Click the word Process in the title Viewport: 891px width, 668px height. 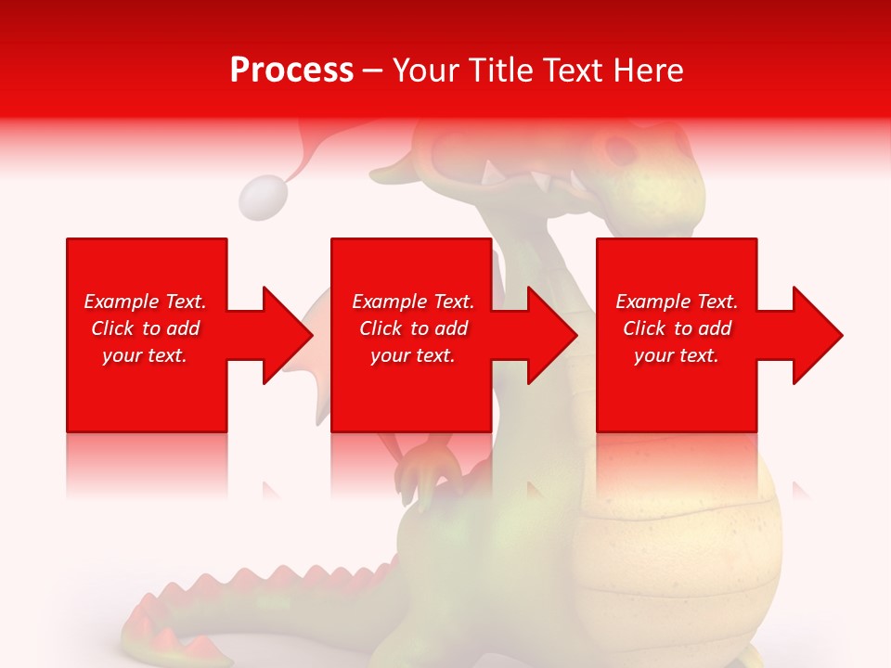[291, 71]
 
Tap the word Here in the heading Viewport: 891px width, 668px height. [647, 71]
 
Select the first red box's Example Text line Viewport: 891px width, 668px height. [145, 302]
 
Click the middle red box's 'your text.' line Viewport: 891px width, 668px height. [413, 355]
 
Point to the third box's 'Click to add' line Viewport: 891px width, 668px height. [677, 328]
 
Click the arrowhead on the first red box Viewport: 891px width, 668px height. [288, 335]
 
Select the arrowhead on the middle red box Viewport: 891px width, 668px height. [553, 335]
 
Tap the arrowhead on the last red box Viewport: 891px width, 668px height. [818, 335]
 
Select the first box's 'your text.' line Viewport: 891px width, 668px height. [145, 355]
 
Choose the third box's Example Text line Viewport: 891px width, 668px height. [677, 302]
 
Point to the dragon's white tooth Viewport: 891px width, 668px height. [489, 173]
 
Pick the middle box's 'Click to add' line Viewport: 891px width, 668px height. [413, 328]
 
